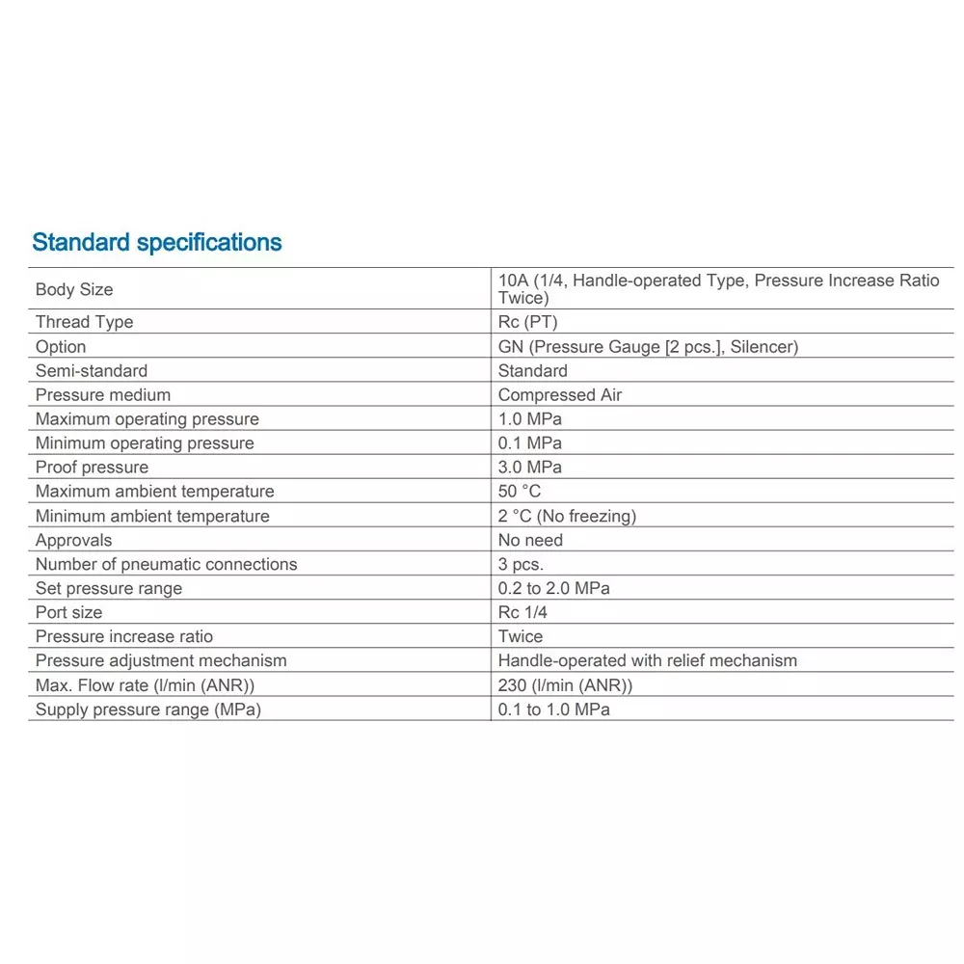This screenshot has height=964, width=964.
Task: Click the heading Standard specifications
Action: point(157,242)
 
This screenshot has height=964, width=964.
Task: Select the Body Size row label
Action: point(74,289)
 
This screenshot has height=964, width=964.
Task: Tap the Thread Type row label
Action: point(84,322)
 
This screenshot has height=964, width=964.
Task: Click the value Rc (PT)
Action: point(527,322)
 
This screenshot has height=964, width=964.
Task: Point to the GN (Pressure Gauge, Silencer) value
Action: point(648,347)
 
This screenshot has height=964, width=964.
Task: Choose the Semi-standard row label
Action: point(92,371)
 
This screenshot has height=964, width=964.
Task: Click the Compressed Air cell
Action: point(560,395)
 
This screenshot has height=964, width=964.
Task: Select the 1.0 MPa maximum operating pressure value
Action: point(529,419)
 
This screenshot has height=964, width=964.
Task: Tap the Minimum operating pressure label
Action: point(145,443)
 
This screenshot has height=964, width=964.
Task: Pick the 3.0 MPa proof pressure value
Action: point(529,468)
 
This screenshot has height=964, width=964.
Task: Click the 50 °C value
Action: point(520,492)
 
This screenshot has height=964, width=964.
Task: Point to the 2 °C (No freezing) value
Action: point(567,516)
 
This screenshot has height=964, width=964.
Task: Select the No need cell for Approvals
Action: point(530,540)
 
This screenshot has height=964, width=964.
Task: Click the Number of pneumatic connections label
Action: point(166,564)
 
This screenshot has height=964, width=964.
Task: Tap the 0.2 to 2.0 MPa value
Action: point(553,588)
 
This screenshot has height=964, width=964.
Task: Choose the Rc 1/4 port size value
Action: point(522,612)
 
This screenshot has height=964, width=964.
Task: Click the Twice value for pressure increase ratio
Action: point(521,636)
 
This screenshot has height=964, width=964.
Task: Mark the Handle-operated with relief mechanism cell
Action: point(647,660)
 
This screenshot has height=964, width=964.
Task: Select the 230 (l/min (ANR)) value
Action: point(565,685)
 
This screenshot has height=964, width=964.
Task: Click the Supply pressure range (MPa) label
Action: point(148,710)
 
